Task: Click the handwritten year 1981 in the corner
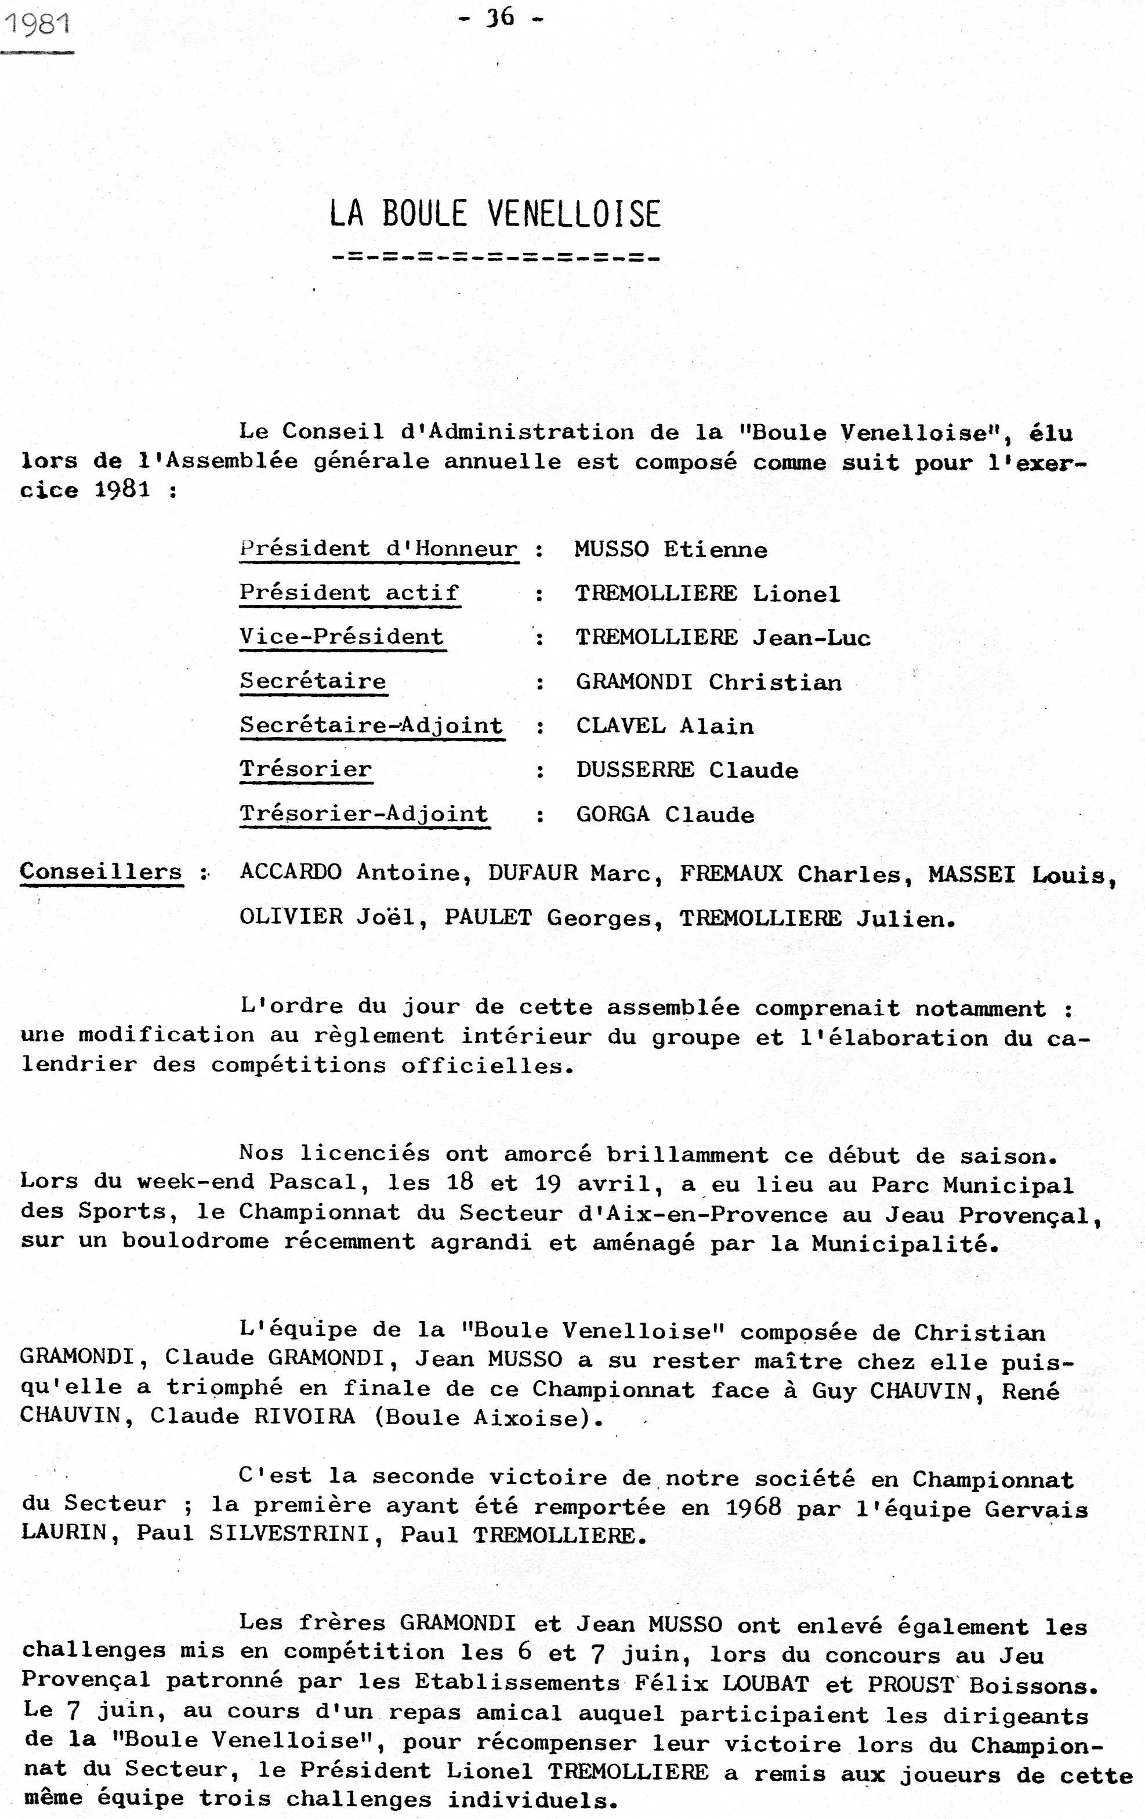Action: [x=37, y=25]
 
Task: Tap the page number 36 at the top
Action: [x=501, y=17]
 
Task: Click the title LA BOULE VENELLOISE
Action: [x=495, y=214]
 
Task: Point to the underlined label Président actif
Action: [x=349, y=593]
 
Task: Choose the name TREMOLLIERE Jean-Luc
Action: [x=723, y=638]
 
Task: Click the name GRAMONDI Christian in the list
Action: [x=708, y=682]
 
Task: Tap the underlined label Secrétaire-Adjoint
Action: [x=371, y=726]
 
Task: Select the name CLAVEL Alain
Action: [x=664, y=727]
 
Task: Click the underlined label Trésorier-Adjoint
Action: [x=364, y=814]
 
